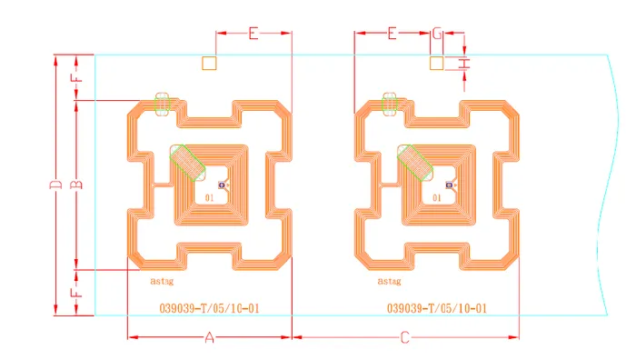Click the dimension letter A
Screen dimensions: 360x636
(x=209, y=338)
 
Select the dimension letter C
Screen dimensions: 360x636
(x=405, y=338)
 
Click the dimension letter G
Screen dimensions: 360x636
(x=437, y=34)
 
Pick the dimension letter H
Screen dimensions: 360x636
(x=465, y=63)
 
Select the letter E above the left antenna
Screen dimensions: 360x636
(x=253, y=34)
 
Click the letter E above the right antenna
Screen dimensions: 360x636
(x=393, y=34)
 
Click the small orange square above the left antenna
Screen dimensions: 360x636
(x=209, y=63)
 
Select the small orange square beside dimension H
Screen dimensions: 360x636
(x=436, y=63)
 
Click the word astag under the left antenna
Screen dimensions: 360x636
(x=162, y=282)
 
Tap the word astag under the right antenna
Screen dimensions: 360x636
(x=389, y=282)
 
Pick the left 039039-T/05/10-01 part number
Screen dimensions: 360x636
(x=209, y=308)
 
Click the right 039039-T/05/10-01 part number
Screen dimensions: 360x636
(x=437, y=308)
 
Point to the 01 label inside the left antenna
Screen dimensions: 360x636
(x=210, y=197)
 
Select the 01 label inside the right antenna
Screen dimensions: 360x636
(x=437, y=197)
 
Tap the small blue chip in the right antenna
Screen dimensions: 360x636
(x=448, y=186)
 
